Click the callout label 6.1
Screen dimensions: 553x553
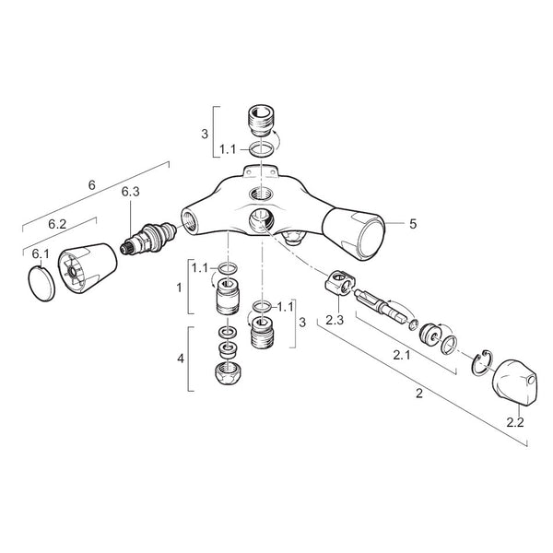tap(41, 254)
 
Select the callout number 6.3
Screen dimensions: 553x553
tap(131, 192)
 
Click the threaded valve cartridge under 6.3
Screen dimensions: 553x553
tap(148, 238)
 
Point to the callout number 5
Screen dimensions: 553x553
tap(413, 224)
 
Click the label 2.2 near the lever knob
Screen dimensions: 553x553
tap(515, 422)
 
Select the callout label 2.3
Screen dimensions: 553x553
tap(335, 320)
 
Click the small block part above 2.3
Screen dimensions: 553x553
tap(340, 282)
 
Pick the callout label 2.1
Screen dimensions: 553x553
tap(402, 355)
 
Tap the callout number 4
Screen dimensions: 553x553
tap(181, 359)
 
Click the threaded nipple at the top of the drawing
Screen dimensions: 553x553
tap(261, 120)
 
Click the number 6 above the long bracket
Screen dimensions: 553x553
tap(91, 185)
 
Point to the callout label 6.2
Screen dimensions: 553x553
tap(57, 224)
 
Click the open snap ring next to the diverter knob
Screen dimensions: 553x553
tap(482, 364)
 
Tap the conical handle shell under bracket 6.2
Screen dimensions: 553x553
tap(88, 268)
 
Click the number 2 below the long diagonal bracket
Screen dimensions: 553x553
tap(419, 394)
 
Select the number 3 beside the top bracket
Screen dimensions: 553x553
tap(205, 134)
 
